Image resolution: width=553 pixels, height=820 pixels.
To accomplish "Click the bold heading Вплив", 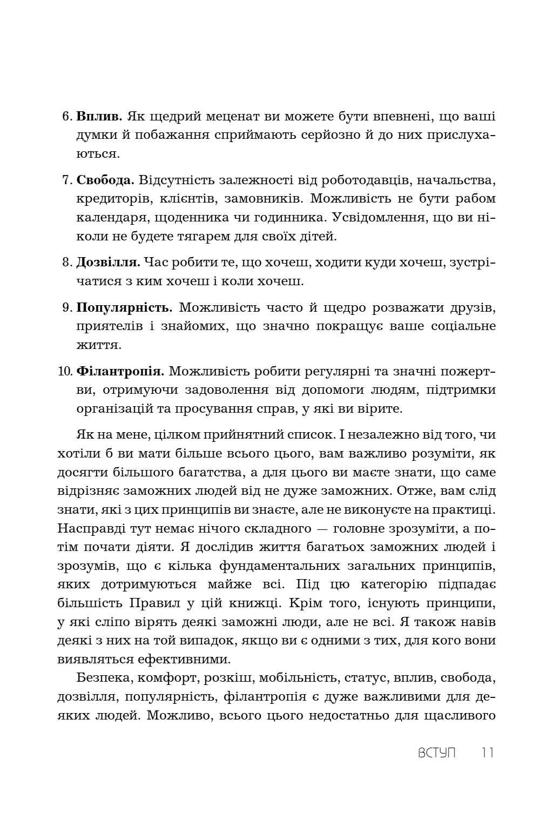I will tap(100, 116).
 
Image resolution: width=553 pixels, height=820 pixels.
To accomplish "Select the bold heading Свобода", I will tap(105, 180).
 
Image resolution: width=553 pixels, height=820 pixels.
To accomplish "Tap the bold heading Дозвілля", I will tap(109, 263).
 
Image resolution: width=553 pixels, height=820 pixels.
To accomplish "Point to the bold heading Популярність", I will tap(124, 308).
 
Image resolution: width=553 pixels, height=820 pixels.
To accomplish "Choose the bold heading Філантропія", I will tap(120, 372).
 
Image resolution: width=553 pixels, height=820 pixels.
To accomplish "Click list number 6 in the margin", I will tap(68, 117).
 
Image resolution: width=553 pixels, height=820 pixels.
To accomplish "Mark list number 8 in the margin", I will tap(68, 263).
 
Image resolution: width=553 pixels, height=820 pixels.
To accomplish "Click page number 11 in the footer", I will tap(487, 753).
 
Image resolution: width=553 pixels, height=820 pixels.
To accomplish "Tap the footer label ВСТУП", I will tap(437, 753).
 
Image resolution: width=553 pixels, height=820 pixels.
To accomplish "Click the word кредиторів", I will tap(114, 199).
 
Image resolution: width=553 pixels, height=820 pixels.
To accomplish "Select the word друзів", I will tap(470, 308).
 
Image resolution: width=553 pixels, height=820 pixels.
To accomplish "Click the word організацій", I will tap(120, 408).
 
